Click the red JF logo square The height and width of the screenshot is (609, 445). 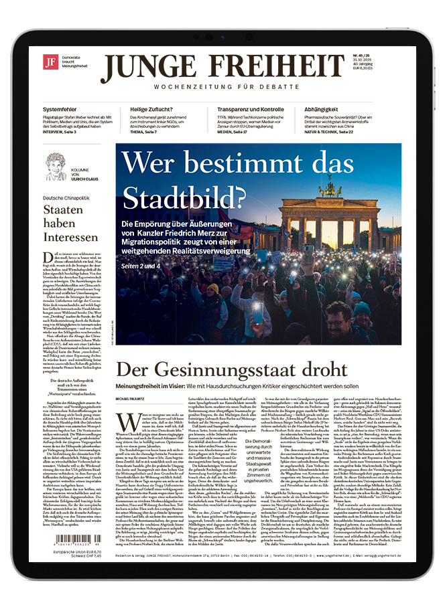point(50,63)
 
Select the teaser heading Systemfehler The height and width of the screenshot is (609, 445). point(64,109)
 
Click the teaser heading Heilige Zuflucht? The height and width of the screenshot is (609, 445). point(153,109)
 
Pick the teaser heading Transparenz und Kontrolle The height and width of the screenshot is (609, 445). point(250,109)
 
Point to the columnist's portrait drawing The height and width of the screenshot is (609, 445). point(56,166)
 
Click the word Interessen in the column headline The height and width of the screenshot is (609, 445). point(71,237)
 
